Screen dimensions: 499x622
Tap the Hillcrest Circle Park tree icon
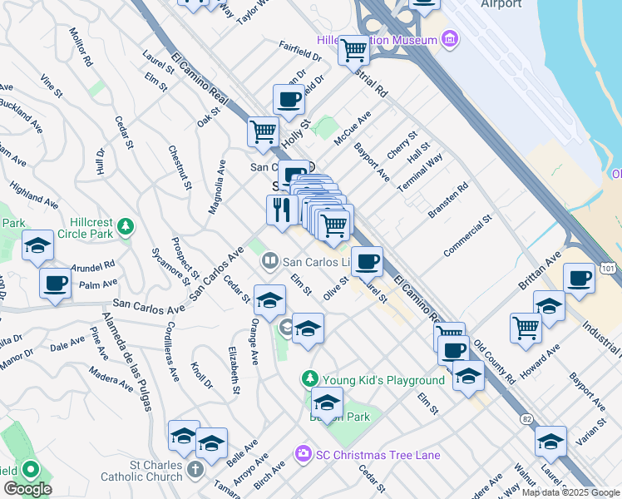[125, 225]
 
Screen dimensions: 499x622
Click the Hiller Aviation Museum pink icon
[450, 39]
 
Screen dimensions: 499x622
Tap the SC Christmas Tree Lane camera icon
[302, 455]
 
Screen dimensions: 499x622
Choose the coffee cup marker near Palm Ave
[56, 283]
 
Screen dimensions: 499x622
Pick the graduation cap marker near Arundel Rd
[37, 246]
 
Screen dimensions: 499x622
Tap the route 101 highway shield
[608, 268]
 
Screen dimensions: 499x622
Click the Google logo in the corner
[27, 489]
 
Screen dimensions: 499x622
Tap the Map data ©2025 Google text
[570, 492]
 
